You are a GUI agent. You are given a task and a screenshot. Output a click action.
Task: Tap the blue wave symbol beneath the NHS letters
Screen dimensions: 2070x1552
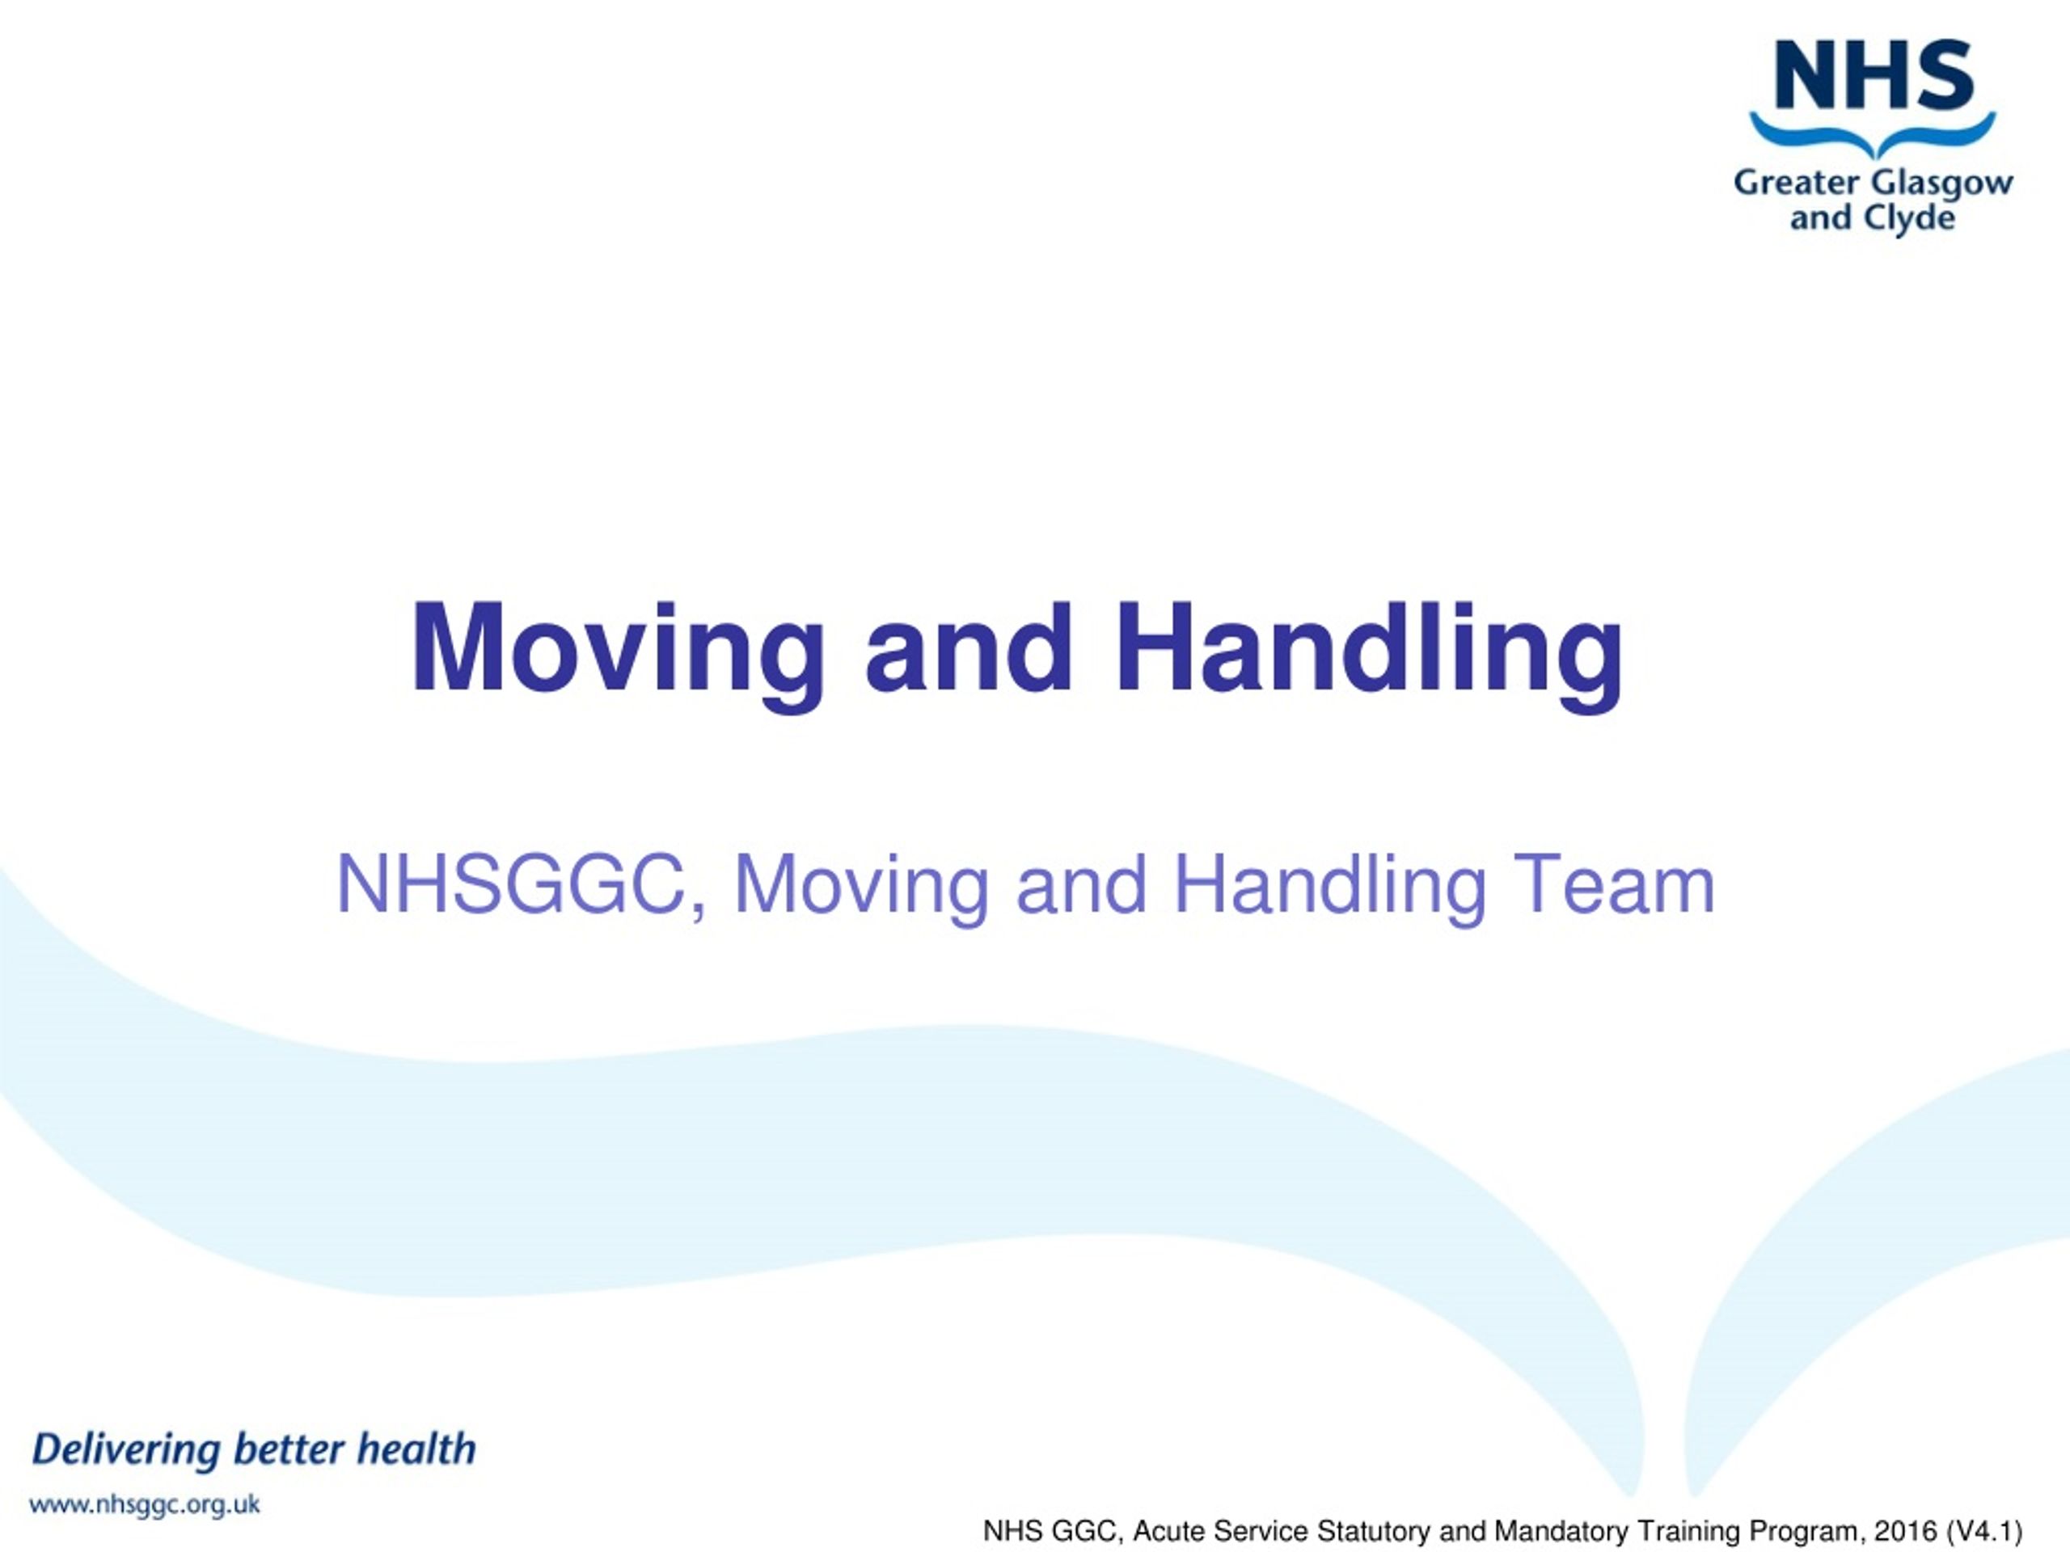point(1873,136)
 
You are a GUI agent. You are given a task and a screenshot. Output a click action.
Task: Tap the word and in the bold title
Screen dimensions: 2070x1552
point(969,650)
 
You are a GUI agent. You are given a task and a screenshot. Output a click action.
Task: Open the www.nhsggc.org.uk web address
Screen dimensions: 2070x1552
point(145,1505)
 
